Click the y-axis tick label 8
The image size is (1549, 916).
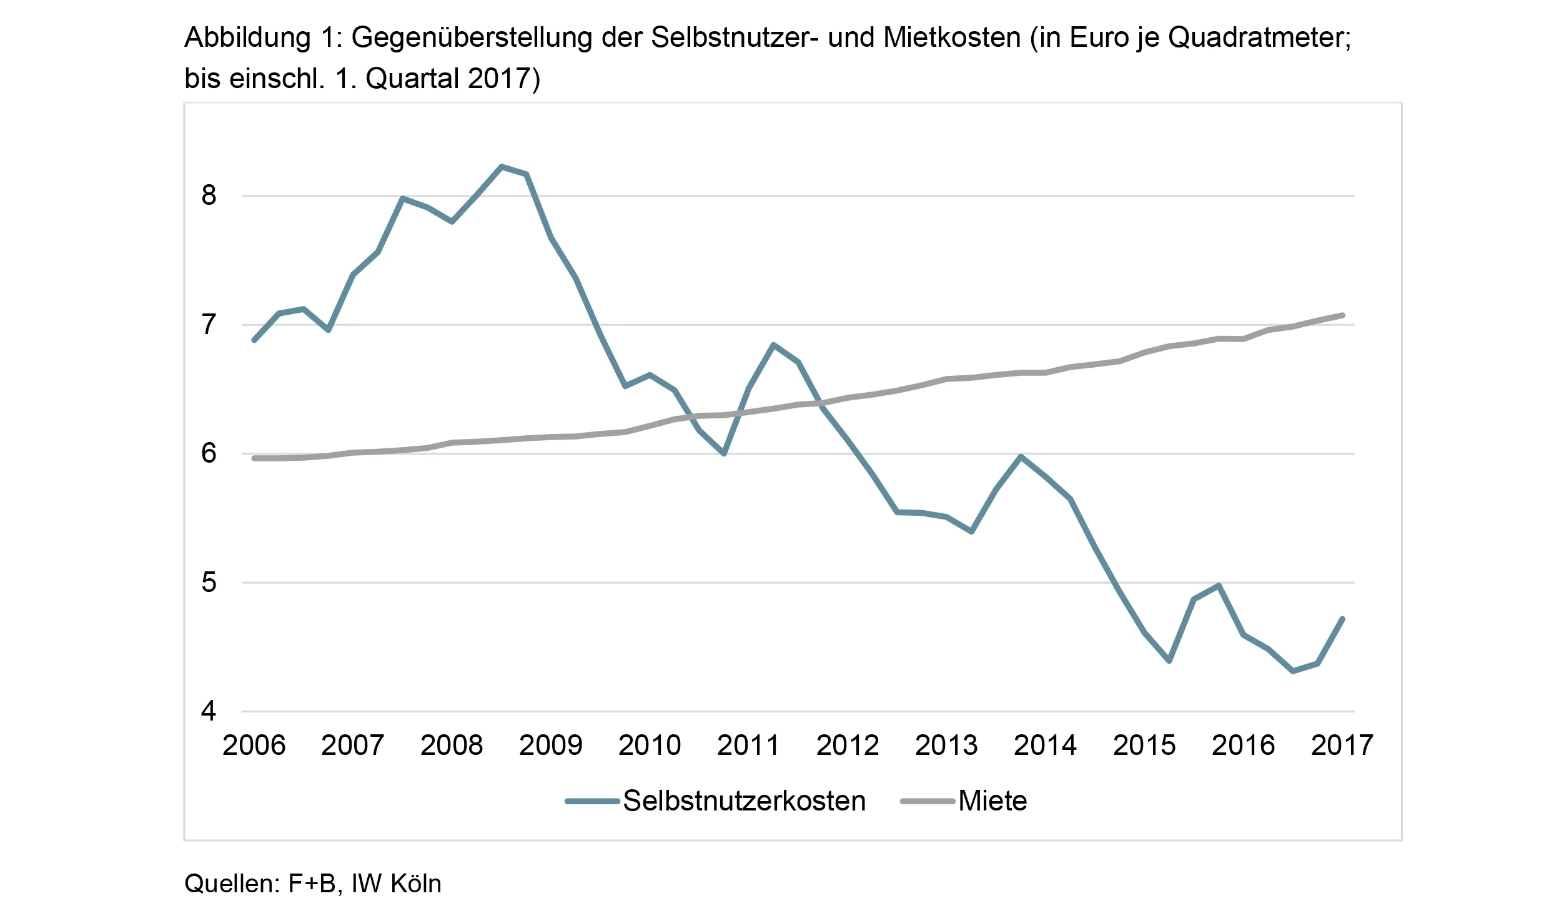click(209, 195)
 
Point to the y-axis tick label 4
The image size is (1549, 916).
click(209, 711)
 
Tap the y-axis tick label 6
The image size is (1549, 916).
click(209, 453)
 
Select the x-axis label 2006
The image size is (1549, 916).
click(254, 745)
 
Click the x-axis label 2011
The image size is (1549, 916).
click(748, 745)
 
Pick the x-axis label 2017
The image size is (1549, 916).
click(1342, 745)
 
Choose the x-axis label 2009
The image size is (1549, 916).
click(550, 745)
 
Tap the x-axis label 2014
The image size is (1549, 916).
click(1045, 745)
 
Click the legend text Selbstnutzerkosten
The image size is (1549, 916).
click(745, 800)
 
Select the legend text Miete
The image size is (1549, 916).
click(992, 800)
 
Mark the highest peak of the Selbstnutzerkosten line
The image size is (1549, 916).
click(501, 166)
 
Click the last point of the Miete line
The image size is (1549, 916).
click(1342, 315)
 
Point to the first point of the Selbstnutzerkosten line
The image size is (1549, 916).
click(254, 340)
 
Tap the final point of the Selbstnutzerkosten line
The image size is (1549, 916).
click(1342, 619)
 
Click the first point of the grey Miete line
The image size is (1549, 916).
click(254, 458)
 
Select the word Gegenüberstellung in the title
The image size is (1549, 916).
click(472, 38)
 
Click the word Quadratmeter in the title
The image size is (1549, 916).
click(1259, 38)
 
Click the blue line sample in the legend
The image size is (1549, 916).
click(592, 801)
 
